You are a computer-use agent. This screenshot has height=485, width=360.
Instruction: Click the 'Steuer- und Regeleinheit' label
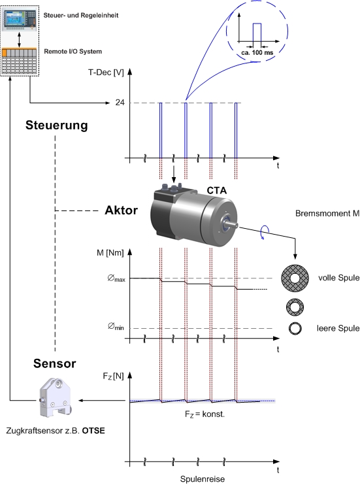coord(81,16)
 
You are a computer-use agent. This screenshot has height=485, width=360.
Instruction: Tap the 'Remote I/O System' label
coord(73,52)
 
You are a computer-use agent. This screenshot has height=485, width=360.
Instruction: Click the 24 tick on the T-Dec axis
coord(120,103)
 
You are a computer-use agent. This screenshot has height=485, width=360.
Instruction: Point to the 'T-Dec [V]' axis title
coord(106,73)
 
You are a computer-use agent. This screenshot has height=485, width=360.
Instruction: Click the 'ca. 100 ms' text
coord(257,52)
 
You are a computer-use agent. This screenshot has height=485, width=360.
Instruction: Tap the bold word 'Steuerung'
coord(57,125)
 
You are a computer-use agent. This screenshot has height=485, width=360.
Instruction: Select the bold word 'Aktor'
coord(122,210)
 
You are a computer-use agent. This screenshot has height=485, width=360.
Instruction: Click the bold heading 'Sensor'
coord(54,363)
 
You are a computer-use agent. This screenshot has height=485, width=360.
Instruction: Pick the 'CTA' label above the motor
coord(216,191)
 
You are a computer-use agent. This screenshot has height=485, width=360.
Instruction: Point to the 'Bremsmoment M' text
coord(327,214)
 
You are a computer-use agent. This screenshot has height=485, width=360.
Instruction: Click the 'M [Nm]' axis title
coord(110,253)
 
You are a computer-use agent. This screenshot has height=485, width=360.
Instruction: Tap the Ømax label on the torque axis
coord(116,278)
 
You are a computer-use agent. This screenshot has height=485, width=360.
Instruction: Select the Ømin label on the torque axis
coord(116,326)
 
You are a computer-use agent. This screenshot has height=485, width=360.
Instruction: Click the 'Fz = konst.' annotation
coord(205,414)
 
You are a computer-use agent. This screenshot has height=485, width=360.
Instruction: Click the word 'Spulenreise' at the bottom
coord(203,479)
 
